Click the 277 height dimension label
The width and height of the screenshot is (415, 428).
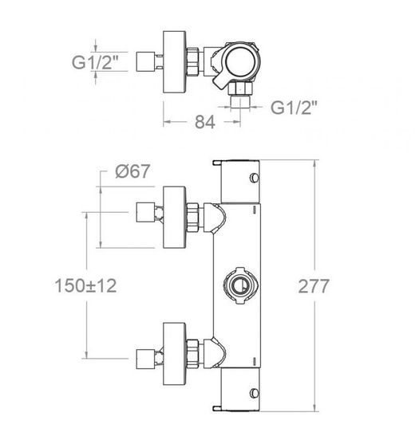tap(314, 286)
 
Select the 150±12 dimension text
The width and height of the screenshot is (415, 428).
tap(85, 286)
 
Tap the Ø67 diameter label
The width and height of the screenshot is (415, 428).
tap(132, 171)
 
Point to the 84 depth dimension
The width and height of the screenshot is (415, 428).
tap(205, 122)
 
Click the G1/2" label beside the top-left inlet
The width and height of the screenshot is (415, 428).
tap(96, 61)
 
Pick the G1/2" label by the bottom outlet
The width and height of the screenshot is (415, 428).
tap(294, 108)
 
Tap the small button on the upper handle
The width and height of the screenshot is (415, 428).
tap(255, 178)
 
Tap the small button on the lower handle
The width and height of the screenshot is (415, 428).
tap(255, 393)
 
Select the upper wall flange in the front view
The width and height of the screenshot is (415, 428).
tap(175, 218)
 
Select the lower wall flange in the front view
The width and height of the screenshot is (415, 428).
tap(175, 354)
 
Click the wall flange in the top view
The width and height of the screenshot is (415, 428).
tap(175, 61)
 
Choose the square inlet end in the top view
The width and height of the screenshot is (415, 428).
tap(145, 61)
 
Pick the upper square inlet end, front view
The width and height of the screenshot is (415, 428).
tap(145, 212)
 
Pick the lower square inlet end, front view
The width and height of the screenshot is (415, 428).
tap(145, 359)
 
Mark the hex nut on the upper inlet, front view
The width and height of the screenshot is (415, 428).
tap(193, 218)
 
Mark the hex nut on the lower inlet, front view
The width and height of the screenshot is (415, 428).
tap(193, 354)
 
